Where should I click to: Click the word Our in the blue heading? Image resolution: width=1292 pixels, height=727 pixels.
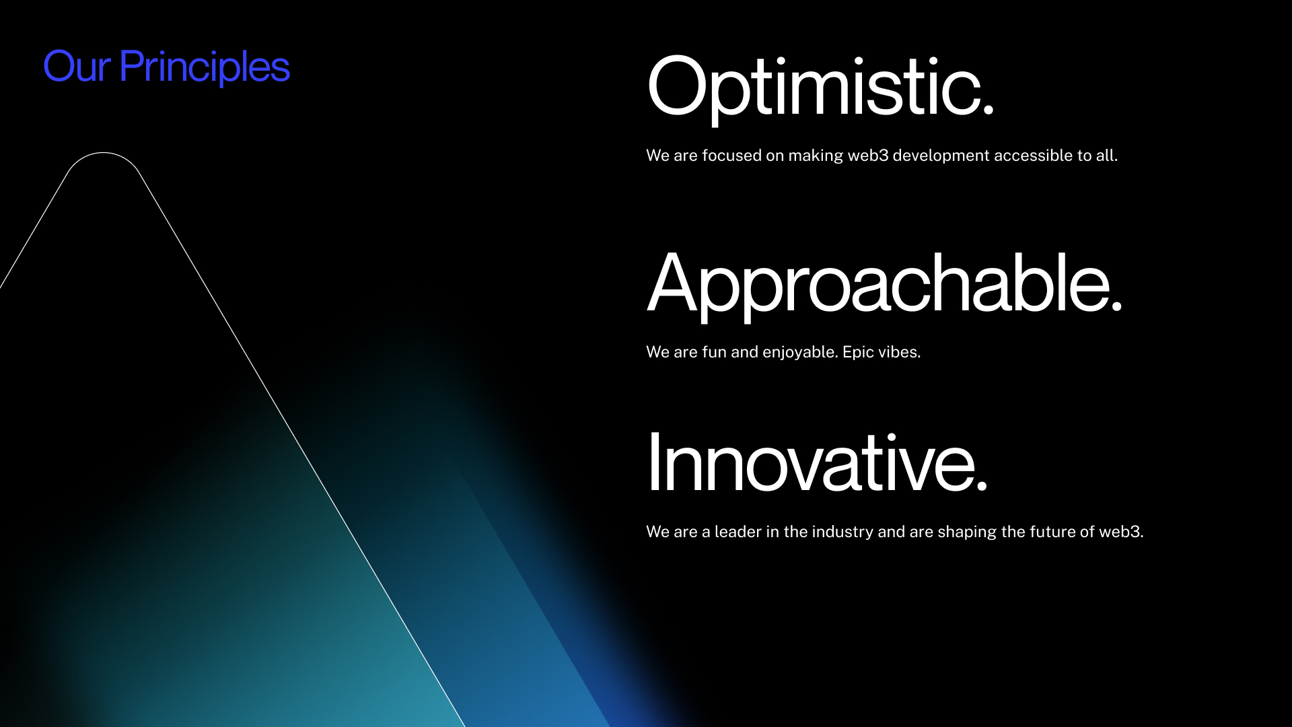coord(77,67)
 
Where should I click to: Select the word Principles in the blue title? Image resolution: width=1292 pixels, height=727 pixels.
coord(205,68)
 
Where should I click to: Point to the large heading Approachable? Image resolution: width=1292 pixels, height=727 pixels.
coord(884,284)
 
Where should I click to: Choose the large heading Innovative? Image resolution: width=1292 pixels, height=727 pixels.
coord(817,462)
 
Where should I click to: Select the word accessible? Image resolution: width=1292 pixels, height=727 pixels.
coord(1033,155)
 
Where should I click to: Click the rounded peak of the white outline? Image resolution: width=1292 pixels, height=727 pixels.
coord(104,153)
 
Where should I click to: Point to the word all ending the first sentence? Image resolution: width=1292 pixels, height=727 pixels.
coord(1107,155)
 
